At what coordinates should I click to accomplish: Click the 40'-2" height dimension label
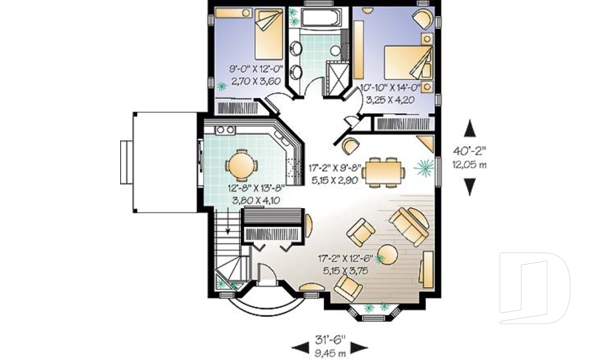pos(469,151)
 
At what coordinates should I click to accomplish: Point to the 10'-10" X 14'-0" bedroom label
pos(390,88)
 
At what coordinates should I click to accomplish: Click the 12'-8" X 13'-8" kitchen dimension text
pos(255,188)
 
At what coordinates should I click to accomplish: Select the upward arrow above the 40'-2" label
pos(469,129)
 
